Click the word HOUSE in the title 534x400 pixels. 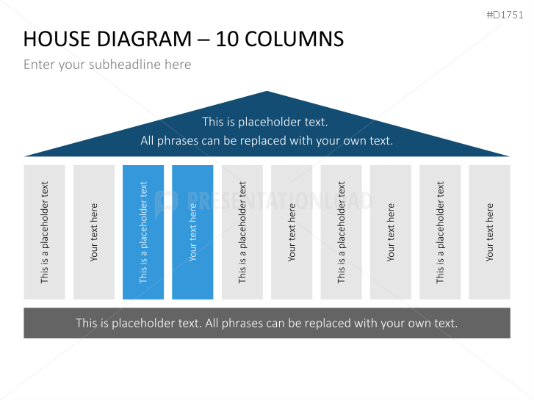(57, 39)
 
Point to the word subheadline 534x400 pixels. (126, 65)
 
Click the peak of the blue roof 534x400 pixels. (267, 93)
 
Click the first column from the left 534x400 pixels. (44, 232)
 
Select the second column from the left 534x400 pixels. (93, 232)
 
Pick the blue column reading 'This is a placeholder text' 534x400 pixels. (143, 232)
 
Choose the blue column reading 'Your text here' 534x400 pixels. (192, 232)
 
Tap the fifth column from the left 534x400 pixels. (242, 232)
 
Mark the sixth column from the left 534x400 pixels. (292, 232)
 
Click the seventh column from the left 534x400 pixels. (341, 232)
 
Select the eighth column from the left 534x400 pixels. (391, 232)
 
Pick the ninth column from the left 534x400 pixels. (440, 232)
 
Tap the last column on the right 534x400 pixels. (489, 232)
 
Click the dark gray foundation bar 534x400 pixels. (267, 323)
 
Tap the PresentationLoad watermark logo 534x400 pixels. (167, 200)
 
